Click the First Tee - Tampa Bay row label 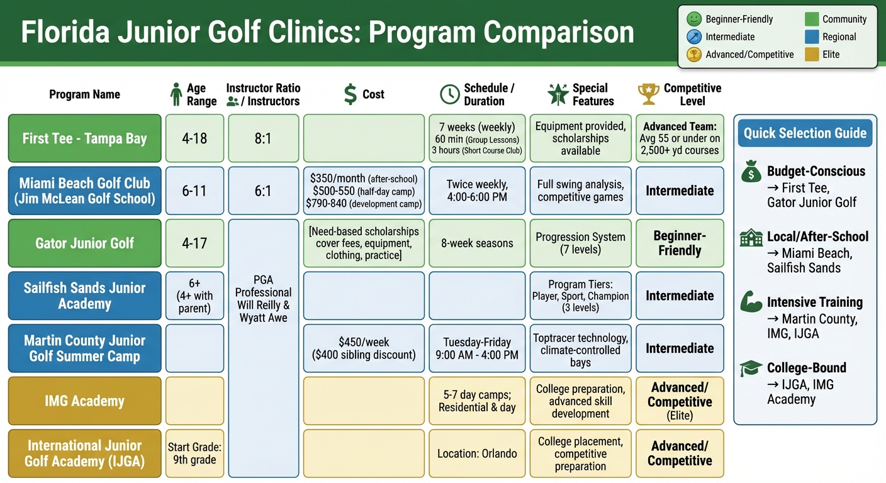tap(84, 138)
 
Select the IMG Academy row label tap(84, 401)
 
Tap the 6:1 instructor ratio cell tap(263, 191)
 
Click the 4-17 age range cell tap(194, 243)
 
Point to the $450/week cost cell tap(364, 348)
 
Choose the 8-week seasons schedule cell tap(477, 243)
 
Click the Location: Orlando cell tap(477, 453)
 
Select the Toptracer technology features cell tap(580, 350)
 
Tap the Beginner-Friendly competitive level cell tap(680, 243)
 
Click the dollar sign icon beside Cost tap(350, 94)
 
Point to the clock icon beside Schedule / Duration tap(449, 94)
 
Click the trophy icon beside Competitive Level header tap(648, 94)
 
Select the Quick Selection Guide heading tap(805, 133)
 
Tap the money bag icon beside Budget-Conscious tap(751, 172)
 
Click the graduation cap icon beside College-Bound tap(751, 369)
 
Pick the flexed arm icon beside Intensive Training tap(751, 302)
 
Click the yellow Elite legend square tap(812, 54)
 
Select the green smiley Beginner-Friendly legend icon tap(693, 19)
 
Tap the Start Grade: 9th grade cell tap(194, 453)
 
